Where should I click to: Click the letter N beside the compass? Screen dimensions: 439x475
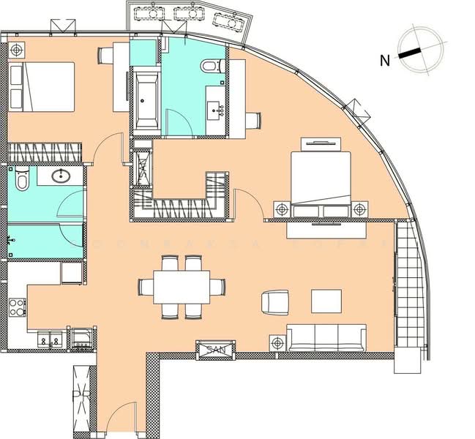click(x=385, y=61)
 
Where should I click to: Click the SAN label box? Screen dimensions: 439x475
click(x=214, y=350)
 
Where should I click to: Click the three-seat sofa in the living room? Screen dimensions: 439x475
click(x=326, y=338)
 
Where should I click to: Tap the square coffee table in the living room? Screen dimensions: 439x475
click(x=326, y=301)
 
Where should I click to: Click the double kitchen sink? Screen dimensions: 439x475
click(x=51, y=339)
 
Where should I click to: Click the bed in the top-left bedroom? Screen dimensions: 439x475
click(x=42, y=87)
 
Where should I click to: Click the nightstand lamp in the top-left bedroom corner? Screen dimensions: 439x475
click(x=16, y=50)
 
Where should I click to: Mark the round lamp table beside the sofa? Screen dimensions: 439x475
click(x=277, y=342)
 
